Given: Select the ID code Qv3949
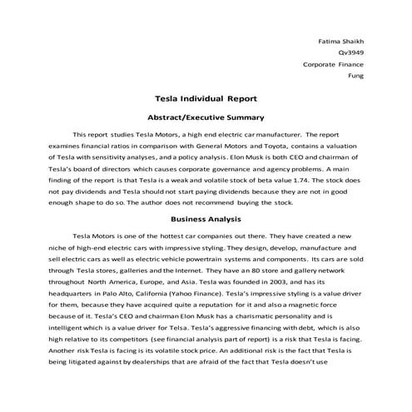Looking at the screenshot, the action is point(352,51).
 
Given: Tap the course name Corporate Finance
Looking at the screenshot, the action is point(335,62).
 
